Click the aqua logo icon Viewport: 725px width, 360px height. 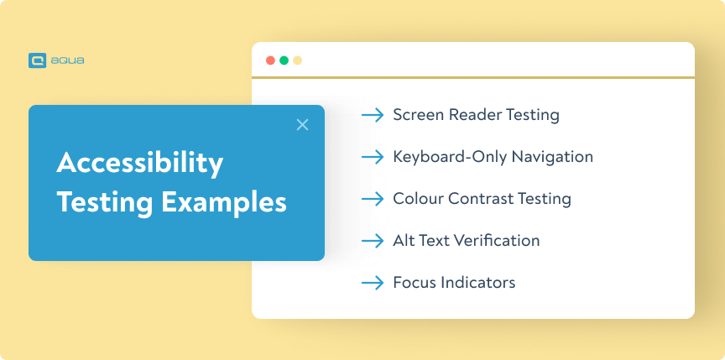click(x=36, y=60)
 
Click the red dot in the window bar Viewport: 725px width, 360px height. click(x=270, y=60)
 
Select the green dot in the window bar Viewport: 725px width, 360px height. click(x=284, y=60)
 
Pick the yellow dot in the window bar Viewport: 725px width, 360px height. click(x=297, y=60)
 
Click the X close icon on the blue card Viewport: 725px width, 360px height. click(x=303, y=125)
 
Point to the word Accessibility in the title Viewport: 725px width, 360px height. click(x=140, y=163)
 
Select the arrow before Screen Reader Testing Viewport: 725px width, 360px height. click(x=373, y=115)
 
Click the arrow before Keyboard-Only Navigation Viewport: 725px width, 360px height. click(x=373, y=157)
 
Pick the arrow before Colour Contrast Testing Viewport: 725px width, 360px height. click(x=373, y=199)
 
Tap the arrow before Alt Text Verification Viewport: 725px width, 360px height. click(x=373, y=241)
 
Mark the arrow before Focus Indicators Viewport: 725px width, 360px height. click(x=373, y=283)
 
